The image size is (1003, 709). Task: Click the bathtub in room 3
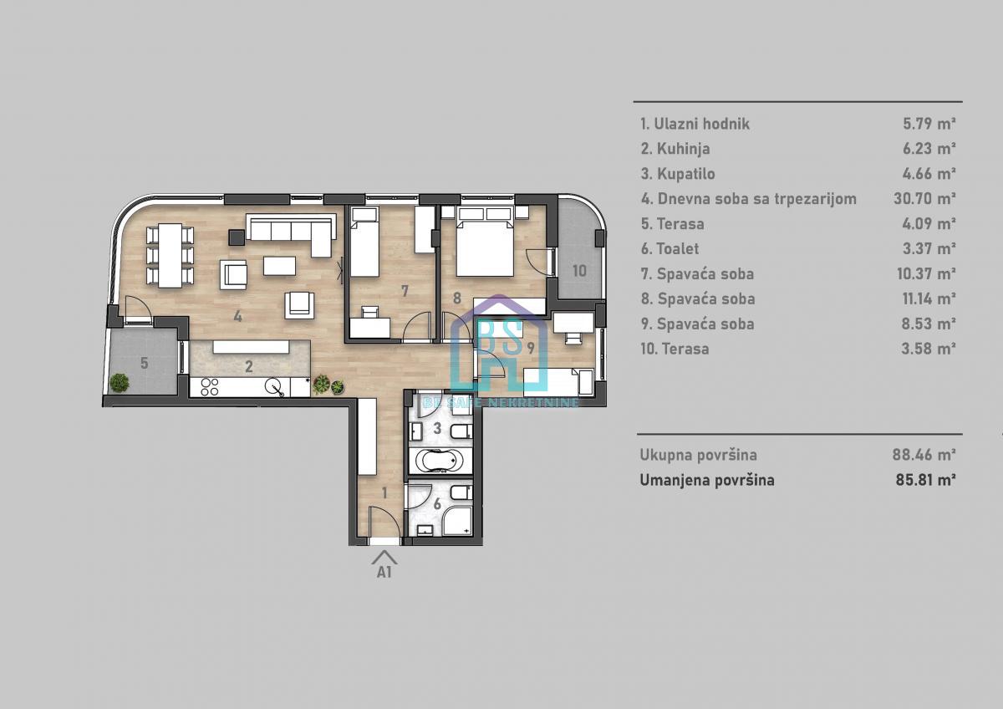pyautogui.click(x=440, y=460)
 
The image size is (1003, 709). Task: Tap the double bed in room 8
pyautogui.click(x=485, y=242)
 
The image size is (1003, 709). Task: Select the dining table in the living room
pyautogui.click(x=171, y=255)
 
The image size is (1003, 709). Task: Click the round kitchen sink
pyautogui.click(x=273, y=386)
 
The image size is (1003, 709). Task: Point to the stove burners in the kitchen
pyautogui.click(x=210, y=387)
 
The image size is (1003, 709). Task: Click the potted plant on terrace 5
pyautogui.click(x=119, y=383)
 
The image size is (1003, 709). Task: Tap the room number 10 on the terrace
pyautogui.click(x=579, y=271)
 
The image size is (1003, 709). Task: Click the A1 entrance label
pyautogui.click(x=384, y=572)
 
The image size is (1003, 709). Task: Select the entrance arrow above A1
pyautogui.click(x=384, y=557)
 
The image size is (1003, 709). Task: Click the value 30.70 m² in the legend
pyautogui.click(x=925, y=198)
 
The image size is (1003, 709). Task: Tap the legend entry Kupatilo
pyautogui.click(x=678, y=174)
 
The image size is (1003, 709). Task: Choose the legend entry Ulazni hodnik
pyautogui.click(x=695, y=124)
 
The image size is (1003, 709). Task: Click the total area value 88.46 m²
pyautogui.click(x=924, y=455)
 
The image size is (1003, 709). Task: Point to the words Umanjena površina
pyautogui.click(x=707, y=480)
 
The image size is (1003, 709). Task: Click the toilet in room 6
pyautogui.click(x=461, y=493)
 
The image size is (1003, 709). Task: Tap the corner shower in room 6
pyautogui.click(x=458, y=522)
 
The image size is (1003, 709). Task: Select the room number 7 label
pyautogui.click(x=405, y=291)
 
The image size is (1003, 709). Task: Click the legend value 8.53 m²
pyautogui.click(x=929, y=324)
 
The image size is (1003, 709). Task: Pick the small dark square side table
pyautogui.click(x=237, y=237)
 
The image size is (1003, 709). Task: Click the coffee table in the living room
pyautogui.click(x=279, y=265)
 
